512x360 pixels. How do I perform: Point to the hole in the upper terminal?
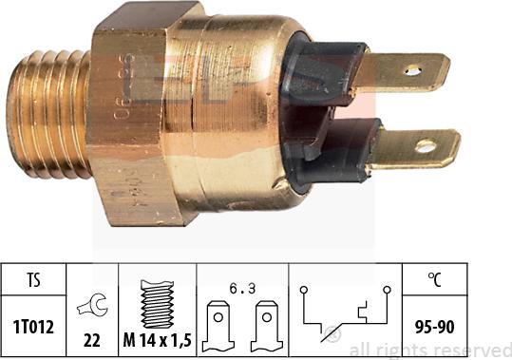pos(412,69)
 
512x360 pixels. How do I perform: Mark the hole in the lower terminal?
pos(426,146)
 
